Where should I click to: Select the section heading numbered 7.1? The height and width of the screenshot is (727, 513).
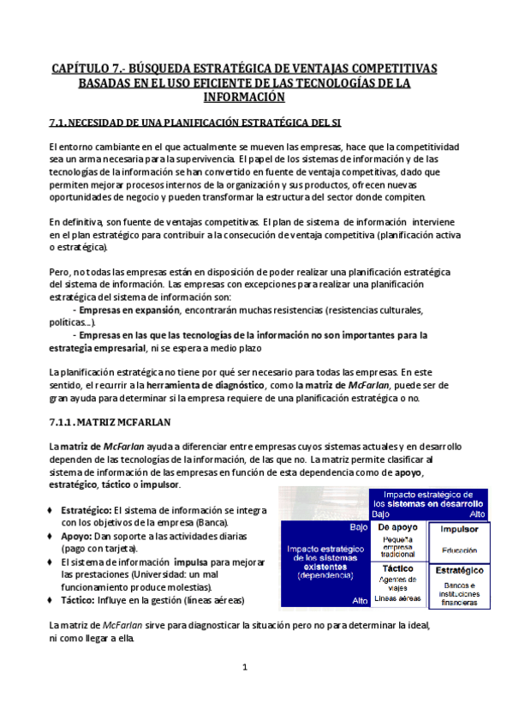pos(195,123)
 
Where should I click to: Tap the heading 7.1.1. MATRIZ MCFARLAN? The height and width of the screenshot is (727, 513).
pos(110,422)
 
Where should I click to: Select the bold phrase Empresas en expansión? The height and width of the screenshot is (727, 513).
pos(128,309)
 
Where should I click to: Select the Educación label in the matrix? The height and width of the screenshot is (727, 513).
pos(459,550)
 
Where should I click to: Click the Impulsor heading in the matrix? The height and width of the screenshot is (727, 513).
pos(459,529)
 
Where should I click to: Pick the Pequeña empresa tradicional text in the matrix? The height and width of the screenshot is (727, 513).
pos(397,548)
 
